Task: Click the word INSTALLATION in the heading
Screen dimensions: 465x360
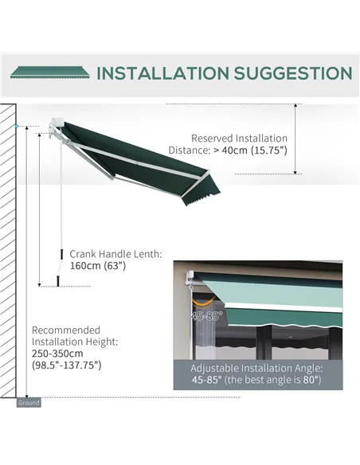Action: (x=161, y=73)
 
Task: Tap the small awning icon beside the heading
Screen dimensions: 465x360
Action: (x=49, y=72)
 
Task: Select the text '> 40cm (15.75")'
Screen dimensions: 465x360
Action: (x=249, y=150)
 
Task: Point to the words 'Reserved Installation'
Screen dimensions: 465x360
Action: (x=239, y=138)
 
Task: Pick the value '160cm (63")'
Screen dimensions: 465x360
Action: (x=98, y=266)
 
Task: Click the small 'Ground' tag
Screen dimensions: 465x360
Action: (x=29, y=403)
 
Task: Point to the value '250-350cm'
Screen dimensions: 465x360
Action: (x=57, y=354)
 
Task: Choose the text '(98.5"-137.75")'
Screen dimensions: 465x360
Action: (x=66, y=365)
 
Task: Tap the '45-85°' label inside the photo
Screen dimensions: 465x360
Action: (x=205, y=316)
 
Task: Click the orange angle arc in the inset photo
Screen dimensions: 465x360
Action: (x=208, y=303)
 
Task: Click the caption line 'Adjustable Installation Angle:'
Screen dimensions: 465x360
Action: (x=256, y=369)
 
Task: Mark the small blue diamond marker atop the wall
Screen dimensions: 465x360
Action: (x=15, y=127)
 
